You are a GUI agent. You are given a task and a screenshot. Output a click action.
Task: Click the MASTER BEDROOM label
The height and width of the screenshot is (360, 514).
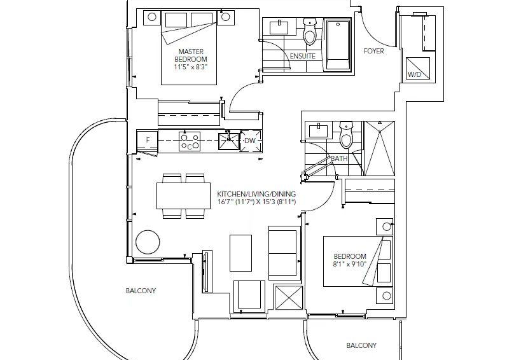(x=190, y=55)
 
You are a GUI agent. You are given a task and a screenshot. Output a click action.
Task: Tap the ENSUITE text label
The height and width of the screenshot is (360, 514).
(x=303, y=56)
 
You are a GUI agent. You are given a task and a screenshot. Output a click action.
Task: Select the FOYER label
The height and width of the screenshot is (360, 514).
(x=373, y=51)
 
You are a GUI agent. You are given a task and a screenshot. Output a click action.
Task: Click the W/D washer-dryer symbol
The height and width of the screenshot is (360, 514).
(x=418, y=69)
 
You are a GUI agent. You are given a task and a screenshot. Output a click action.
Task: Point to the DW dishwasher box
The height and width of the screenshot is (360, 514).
(x=251, y=141)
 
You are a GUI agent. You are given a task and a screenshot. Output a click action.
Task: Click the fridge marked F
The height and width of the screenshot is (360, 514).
(x=147, y=141)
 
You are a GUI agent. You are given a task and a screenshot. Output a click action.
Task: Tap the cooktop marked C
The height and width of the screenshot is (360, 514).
(x=190, y=141)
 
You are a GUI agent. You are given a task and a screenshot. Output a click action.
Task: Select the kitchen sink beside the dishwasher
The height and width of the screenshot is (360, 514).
(x=229, y=141)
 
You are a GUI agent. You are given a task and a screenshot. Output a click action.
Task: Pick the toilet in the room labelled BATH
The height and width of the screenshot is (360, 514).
(x=346, y=134)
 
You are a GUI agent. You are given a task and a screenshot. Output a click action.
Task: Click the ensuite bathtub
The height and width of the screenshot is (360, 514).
(x=338, y=45)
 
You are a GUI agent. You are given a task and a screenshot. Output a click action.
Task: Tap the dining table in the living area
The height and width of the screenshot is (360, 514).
(x=184, y=196)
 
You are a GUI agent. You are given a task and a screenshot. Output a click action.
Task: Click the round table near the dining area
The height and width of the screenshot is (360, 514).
(x=148, y=242)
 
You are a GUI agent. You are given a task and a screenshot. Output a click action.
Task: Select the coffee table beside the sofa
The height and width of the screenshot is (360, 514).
(x=240, y=253)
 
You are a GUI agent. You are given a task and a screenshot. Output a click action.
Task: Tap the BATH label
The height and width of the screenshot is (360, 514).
(x=339, y=158)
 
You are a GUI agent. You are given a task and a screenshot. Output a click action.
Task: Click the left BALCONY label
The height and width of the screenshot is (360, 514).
(x=141, y=291)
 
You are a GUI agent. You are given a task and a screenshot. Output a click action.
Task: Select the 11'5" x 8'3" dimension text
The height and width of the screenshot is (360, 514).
(x=191, y=67)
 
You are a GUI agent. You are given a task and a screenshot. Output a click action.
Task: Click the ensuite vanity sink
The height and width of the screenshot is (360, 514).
(x=279, y=27)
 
